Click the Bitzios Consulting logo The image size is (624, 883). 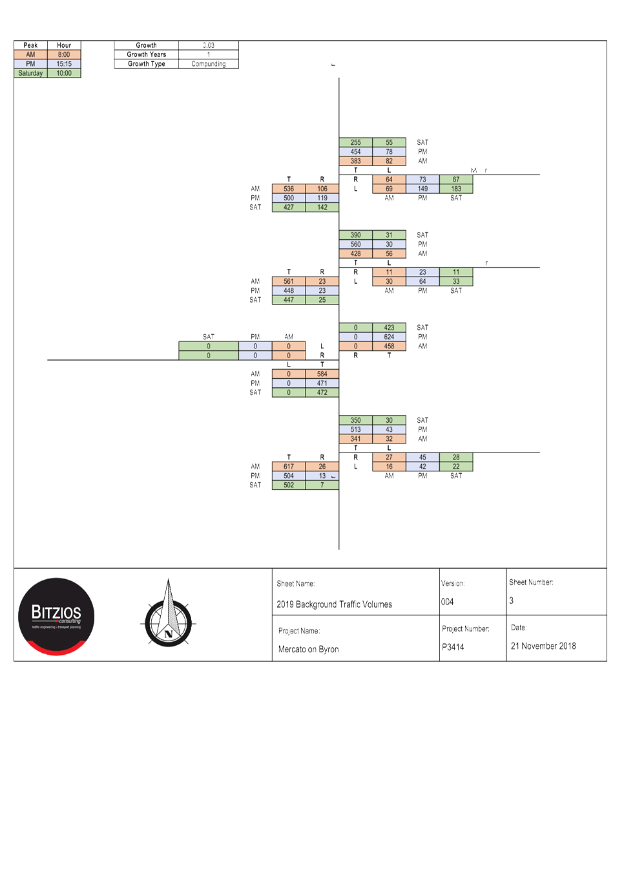(57, 617)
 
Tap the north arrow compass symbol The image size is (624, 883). (168, 615)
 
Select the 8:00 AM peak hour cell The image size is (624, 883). (64, 55)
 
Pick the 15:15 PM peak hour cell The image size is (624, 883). (64, 64)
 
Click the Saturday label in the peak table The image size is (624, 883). (30, 73)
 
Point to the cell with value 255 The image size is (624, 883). (356, 142)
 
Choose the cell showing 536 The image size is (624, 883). (289, 189)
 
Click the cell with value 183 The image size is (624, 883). (456, 189)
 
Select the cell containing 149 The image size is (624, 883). (422, 189)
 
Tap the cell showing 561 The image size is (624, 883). (289, 281)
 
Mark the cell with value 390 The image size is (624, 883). (356, 235)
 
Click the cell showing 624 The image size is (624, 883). (389, 337)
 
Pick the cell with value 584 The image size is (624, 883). (322, 374)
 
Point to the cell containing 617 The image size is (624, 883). (289, 466)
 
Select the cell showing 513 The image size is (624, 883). (356, 429)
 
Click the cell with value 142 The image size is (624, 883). (322, 207)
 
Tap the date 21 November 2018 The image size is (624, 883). (543, 646)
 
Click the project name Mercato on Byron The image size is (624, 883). (309, 649)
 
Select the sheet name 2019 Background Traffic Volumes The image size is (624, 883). (335, 604)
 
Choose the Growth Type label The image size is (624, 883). (147, 64)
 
